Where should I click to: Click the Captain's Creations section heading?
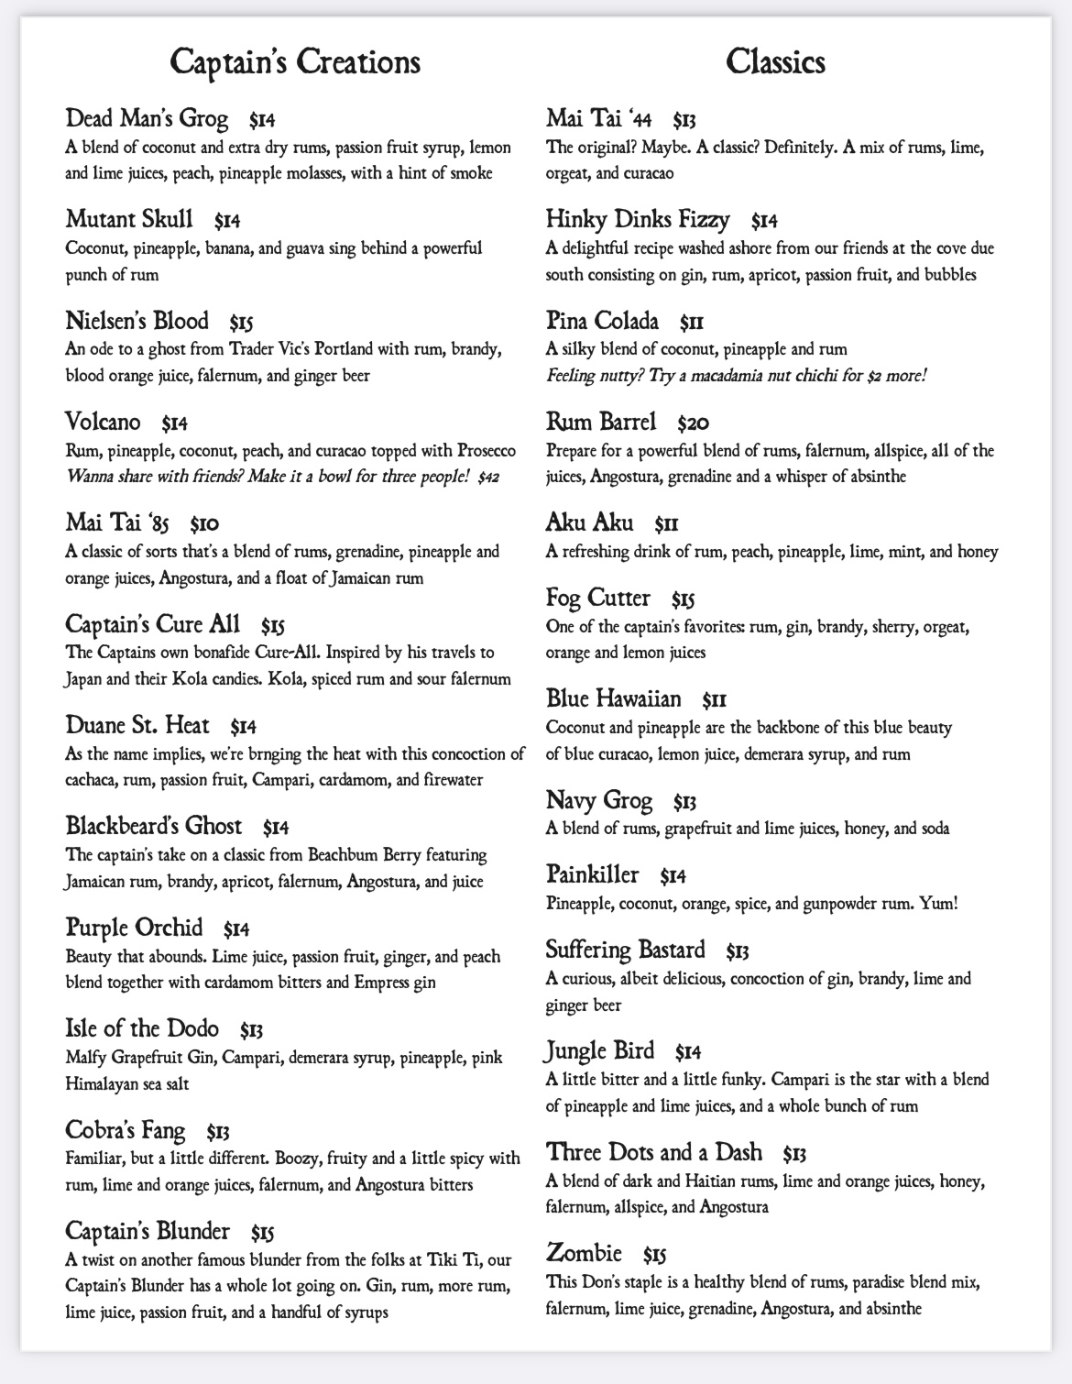pyautogui.click(x=295, y=62)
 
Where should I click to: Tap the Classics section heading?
pyautogui.click(x=775, y=62)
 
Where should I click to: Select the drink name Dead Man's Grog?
pyautogui.click(x=147, y=118)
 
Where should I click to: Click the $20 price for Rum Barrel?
pyautogui.click(x=694, y=423)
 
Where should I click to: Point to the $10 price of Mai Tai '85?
pyautogui.click(x=204, y=524)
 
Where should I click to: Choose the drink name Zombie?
pyautogui.click(x=584, y=1252)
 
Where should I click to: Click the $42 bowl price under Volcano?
pyautogui.click(x=488, y=478)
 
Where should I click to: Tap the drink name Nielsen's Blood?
pyautogui.click(x=137, y=321)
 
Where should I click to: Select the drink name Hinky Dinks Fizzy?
pyautogui.click(x=638, y=219)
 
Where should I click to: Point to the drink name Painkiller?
pyautogui.click(x=592, y=874)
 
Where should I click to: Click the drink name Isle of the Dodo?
pyautogui.click(x=142, y=1028)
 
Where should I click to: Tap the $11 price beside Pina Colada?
pyautogui.click(x=692, y=322)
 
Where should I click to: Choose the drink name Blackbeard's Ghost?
pyautogui.click(x=154, y=826)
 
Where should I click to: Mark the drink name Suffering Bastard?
pyautogui.click(x=626, y=950)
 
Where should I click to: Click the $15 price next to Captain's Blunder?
pyautogui.click(x=263, y=1232)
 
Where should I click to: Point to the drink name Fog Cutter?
pyautogui.click(x=598, y=599)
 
